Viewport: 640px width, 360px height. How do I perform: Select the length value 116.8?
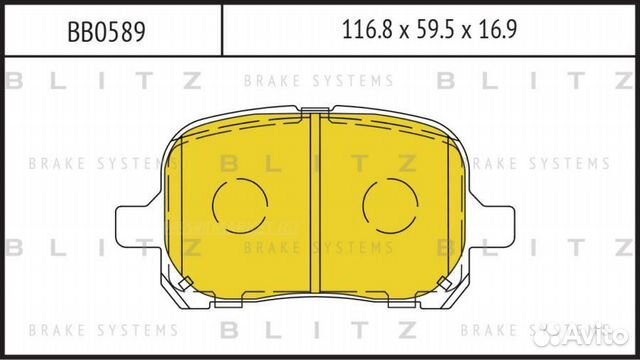point(363,31)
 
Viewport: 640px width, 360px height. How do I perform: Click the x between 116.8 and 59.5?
point(398,32)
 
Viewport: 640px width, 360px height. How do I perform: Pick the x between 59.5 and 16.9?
point(465,32)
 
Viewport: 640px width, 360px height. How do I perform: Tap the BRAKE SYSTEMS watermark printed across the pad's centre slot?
point(318,246)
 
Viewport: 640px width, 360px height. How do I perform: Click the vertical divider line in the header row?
point(220,31)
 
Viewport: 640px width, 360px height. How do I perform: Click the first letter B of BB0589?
point(73,31)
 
